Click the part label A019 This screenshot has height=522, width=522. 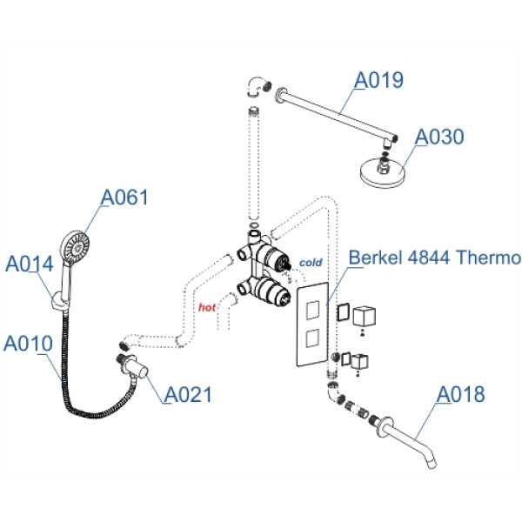(x=378, y=81)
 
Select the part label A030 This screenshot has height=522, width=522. (x=439, y=137)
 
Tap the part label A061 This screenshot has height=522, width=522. (x=125, y=198)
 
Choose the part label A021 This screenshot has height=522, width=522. (x=188, y=394)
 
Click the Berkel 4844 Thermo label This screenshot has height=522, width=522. (x=434, y=258)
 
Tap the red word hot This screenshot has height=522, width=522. (x=207, y=307)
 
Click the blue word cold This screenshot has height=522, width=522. (x=311, y=262)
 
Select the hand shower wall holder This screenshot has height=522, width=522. (x=57, y=301)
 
